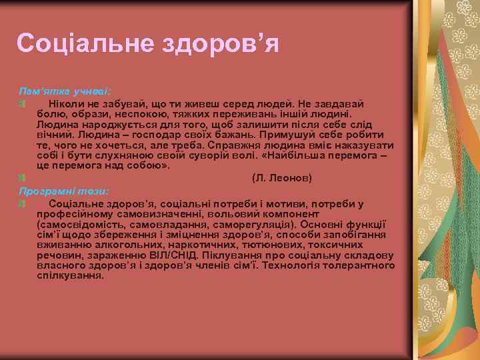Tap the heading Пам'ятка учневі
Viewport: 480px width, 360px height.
point(65,89)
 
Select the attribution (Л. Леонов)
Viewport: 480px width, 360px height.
point(281,178)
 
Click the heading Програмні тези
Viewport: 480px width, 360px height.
point(63,191)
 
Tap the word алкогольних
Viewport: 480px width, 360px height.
point(112,245)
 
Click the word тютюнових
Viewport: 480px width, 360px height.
point(255,245)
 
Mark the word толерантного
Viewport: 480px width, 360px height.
point(364,265)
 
